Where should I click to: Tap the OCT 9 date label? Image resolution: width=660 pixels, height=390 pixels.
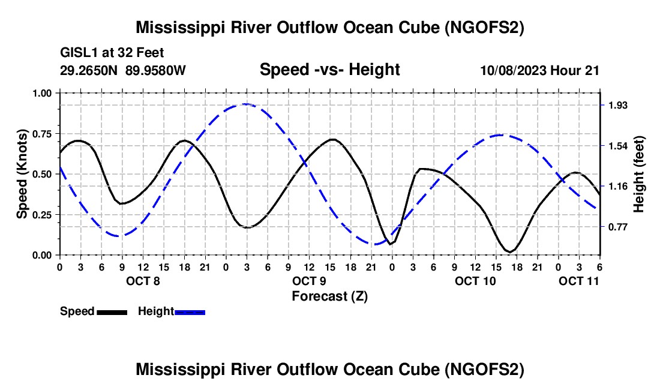click(x=309, y=281)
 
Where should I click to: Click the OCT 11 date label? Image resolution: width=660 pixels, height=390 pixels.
click(x=578, y=281)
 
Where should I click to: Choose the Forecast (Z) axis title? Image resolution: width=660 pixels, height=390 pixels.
click(x=329, y=296)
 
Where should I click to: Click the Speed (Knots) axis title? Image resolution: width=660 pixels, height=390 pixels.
click(x=22, y=174)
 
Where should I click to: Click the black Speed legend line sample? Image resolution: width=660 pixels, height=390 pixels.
click(x=112, y=311)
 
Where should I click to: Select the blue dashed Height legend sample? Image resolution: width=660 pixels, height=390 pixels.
click(x=190, y=311)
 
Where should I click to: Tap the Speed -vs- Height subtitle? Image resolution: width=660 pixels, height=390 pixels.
click(x=329, y=70)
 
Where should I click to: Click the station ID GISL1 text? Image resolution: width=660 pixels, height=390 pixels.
click(x=80, y=53)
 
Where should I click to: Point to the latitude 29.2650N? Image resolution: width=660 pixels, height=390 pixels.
click(x=89, y=70)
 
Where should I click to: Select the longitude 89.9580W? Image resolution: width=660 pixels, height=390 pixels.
click(x=156, y=70)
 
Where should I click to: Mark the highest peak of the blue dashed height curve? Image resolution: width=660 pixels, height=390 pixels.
click(x=246, y=104)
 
